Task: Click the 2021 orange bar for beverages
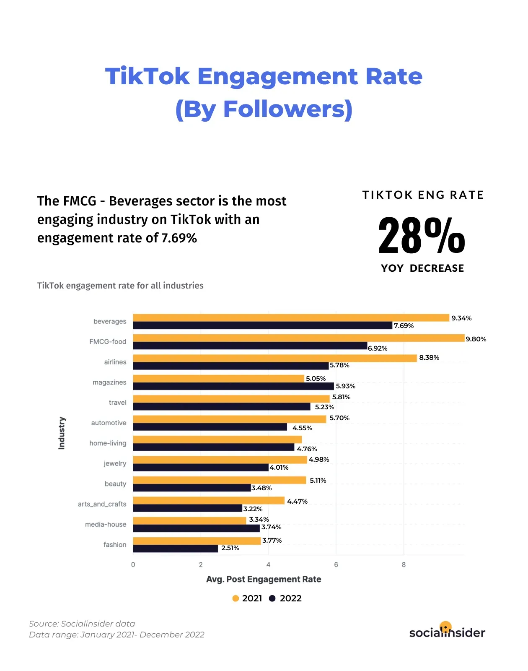(291, 318)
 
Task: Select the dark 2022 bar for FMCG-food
(250, 346)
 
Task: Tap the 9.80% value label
(476, 339)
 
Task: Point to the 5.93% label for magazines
(345, 386)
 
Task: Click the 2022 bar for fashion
(176, 549)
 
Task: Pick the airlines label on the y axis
(115, 362)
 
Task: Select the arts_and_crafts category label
(102, 504)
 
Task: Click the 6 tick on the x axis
(336, 564)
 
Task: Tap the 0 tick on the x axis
(133, 564)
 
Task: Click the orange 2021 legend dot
(236, 598)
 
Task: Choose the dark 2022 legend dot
(272, 598)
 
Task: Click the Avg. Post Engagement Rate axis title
(264, 579)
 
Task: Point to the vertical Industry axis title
(62, 433)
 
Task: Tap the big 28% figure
(422, 236)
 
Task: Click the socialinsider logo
(447, 632)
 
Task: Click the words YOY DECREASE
(422, 268)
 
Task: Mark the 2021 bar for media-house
(189, 520)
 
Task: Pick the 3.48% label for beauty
(261, 488)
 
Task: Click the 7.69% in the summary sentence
(179, 238)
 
